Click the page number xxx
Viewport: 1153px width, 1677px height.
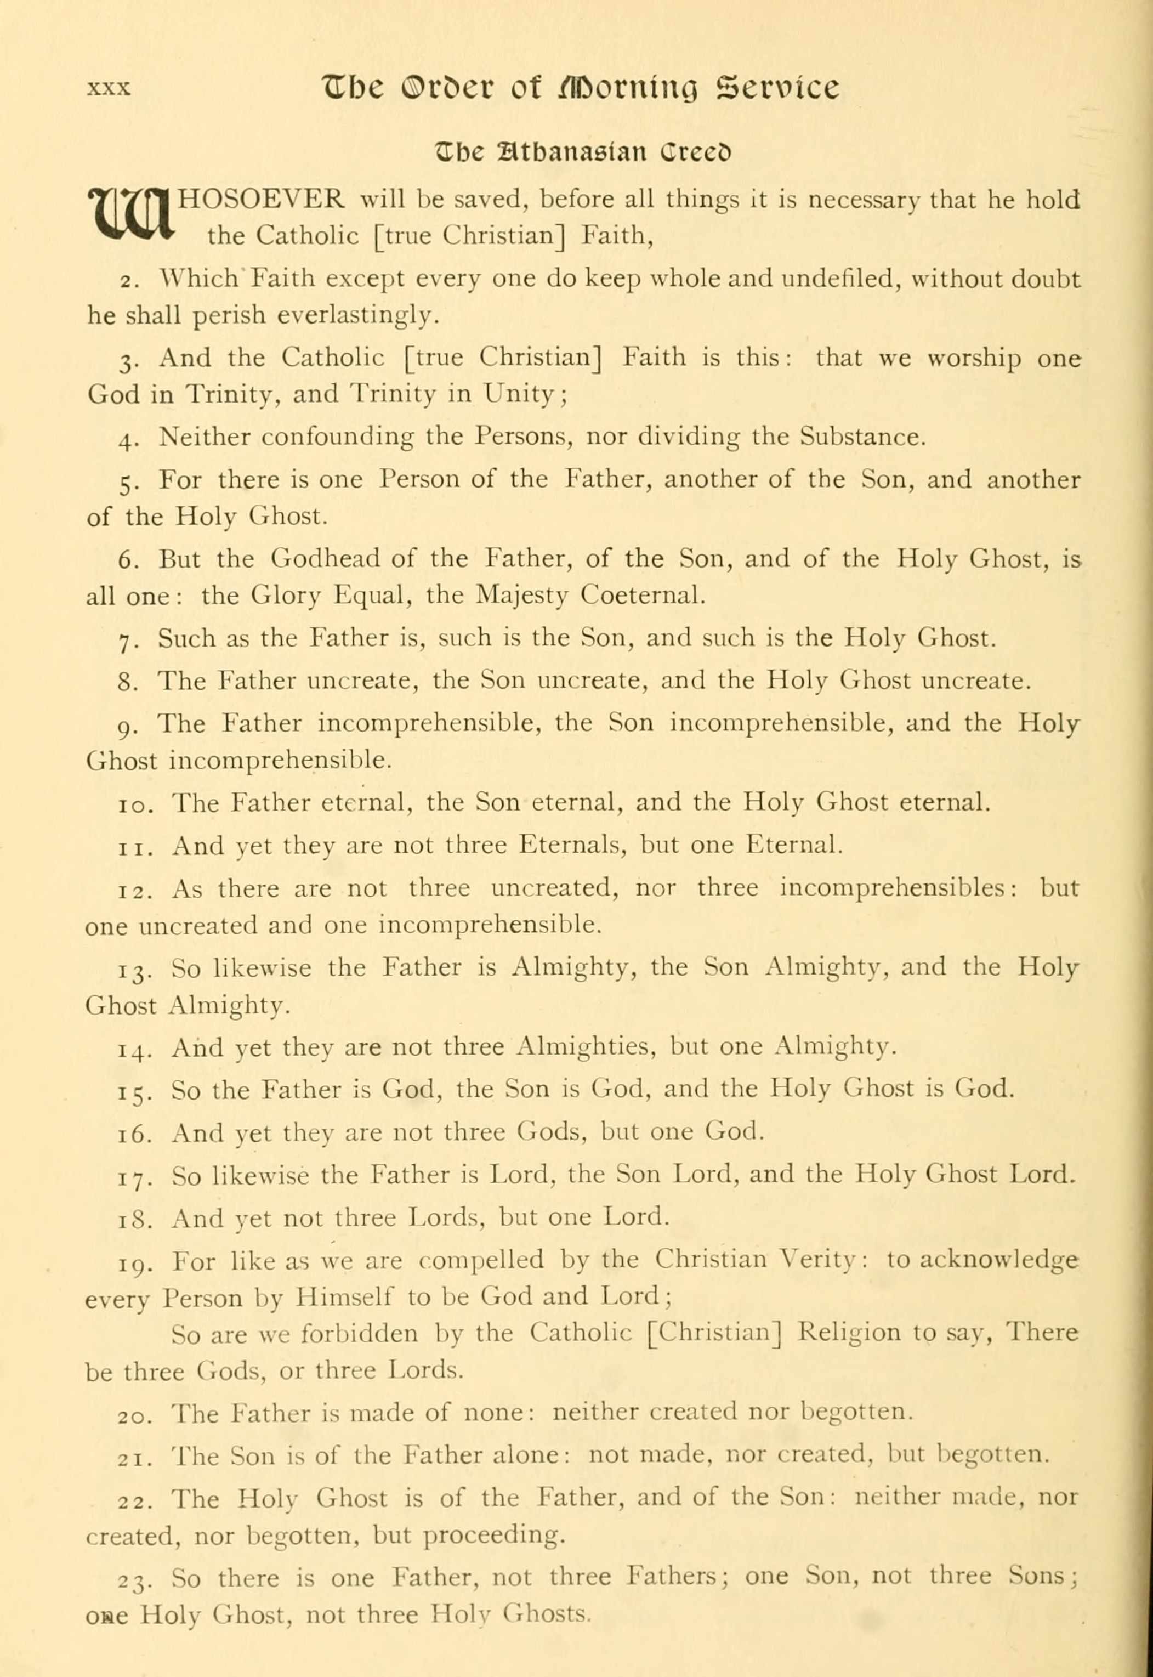pyautogui.click(x=109, y=89)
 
